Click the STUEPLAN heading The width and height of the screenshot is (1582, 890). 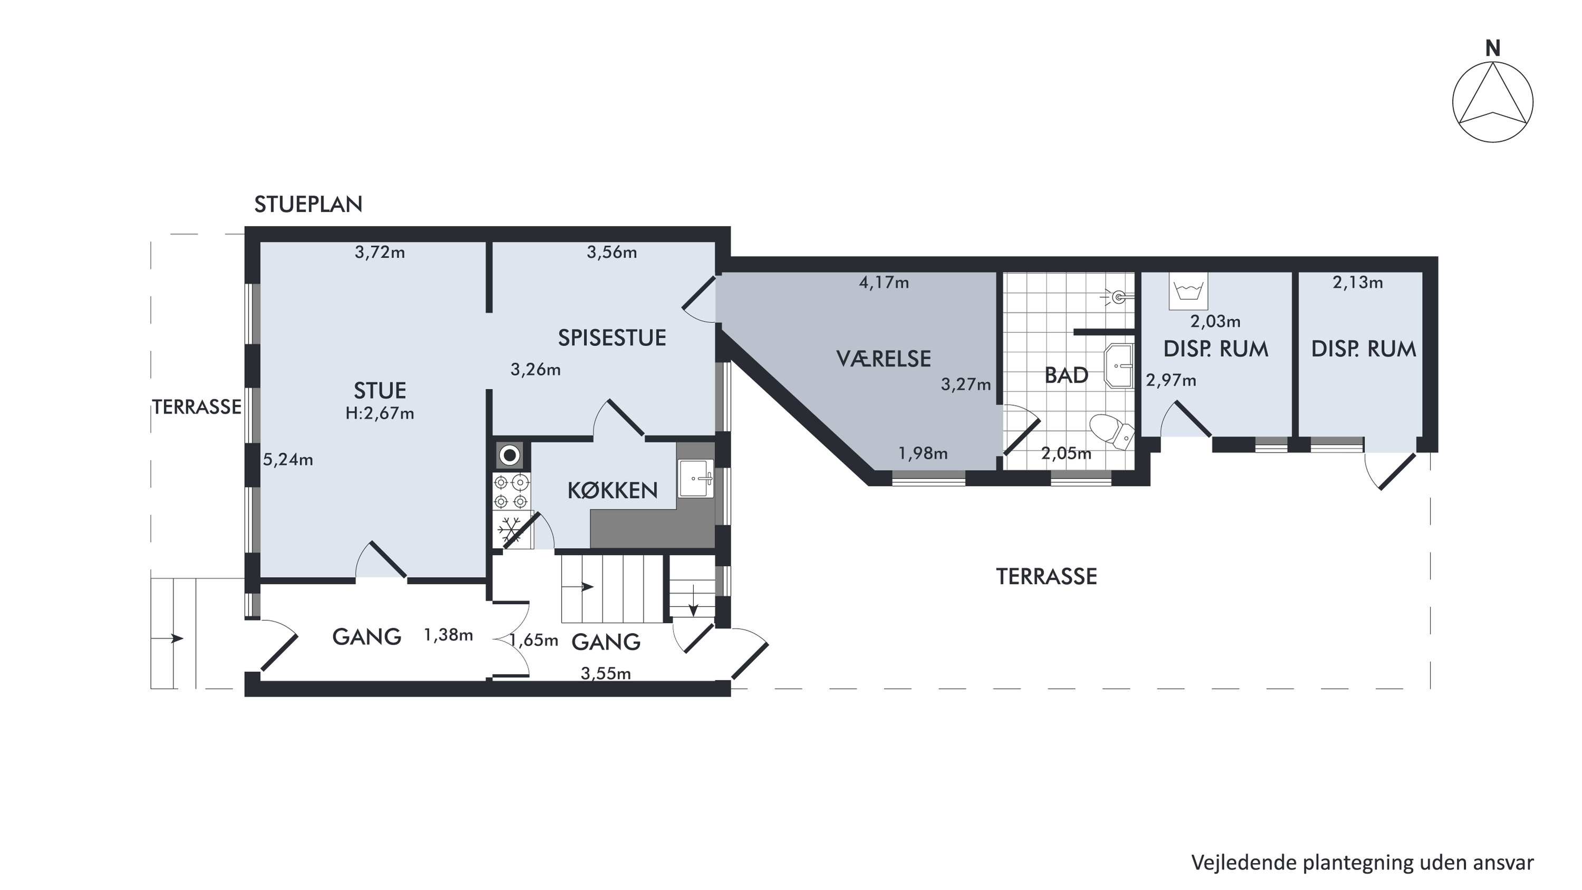coord(308,204)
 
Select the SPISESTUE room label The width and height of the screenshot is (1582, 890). coord(612,338)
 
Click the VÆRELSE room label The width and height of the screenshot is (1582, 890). coord(883,358)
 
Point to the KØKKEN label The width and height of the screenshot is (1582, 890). coord(612,490)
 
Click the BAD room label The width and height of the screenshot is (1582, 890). coord(1066,375)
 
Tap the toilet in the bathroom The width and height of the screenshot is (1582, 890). coord(1111,430)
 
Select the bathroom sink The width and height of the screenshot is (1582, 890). coord(1119,366)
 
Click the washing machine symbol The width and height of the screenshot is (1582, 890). coord(1189,291)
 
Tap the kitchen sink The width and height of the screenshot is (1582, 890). coord(696,478)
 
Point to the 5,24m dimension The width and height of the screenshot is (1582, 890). coord(288,460)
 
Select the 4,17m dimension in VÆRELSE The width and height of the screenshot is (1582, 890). coord(884,283)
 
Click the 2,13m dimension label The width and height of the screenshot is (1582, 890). coord(1358,283)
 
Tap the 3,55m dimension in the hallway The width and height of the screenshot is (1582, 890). coord(606,674)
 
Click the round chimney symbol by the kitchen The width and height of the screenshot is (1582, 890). coord(509,456)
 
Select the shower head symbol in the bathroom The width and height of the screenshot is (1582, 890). coord(1119,297)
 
